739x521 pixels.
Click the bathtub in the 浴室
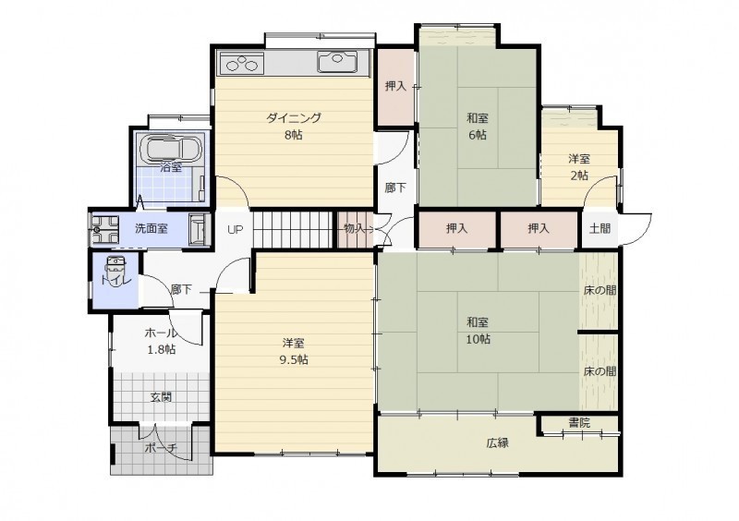tap(171, 148)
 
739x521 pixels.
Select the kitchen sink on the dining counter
tap(336, 61)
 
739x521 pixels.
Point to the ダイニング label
tap(293, 118)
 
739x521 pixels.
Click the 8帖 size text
tap(293, 135)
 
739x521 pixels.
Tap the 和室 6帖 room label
tap(478, 127)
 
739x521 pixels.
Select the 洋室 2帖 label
tap(579, 167)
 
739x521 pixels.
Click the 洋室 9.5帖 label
tap(294, 351)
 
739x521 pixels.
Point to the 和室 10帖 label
tap(478, 331)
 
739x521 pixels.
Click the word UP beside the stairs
tap(235, 230)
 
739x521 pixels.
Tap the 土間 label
tap(600, 229)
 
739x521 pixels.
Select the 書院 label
tap(579, 422)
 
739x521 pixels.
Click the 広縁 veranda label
tap(498, 443)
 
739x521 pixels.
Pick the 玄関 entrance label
tap(161, 397)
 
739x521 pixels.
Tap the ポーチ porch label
tap(160, 448)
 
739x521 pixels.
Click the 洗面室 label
tap(151, 229)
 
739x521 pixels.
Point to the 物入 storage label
tap(355, 229)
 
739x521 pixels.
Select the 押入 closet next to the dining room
tap(395, 86)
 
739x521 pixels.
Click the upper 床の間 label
tap(600, 290)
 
